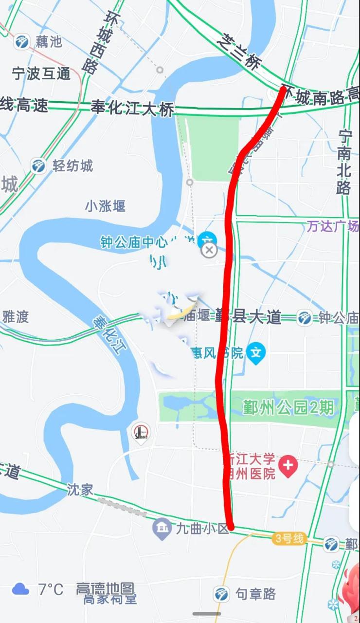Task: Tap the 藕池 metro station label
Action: point(49,42)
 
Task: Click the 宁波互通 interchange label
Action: point(41,74)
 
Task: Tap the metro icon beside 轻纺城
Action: point(38,166)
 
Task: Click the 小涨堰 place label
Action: point(105,206)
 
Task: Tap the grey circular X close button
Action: point(209,250)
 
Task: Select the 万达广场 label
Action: point(333,226)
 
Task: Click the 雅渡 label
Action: point(16,317)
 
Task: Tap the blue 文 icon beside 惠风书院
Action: point(256,352)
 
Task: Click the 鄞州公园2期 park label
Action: point(288,407)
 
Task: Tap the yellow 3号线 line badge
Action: point(289,538)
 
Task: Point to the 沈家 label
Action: point(80,490)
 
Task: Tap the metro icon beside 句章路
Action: point(221,594)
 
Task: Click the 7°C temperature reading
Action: point(51,589)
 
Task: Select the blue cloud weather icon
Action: point(21,589)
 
